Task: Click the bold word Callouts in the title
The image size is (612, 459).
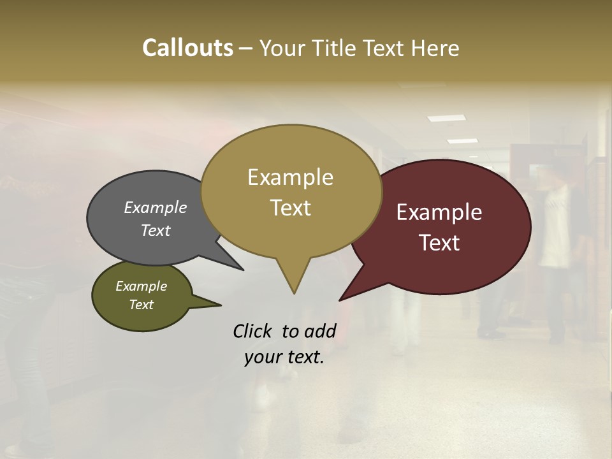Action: pyautogui.click(x=187, y=48)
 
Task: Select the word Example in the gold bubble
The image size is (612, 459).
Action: pyautogui.click(x=290, y=177)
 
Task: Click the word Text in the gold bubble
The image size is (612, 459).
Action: pyautogui.click(x=290, y=207)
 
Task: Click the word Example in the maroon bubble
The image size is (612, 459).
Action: pyautogui.click(x=439, y=212)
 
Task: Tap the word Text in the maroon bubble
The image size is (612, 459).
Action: pyautogui.click(x=439, y=242)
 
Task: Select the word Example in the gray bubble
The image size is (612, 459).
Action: pyautogui.click(x=156, y=207)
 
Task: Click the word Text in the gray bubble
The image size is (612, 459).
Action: pyautogui.click(x=156, y=230)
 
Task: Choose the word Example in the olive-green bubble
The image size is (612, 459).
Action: pyautogui.click(x=142, y=286)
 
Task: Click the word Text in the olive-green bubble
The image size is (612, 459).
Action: pyautogui.click(x=142, y=305)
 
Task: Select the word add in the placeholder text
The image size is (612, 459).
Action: pyautogui.click(x=320, y=331)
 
